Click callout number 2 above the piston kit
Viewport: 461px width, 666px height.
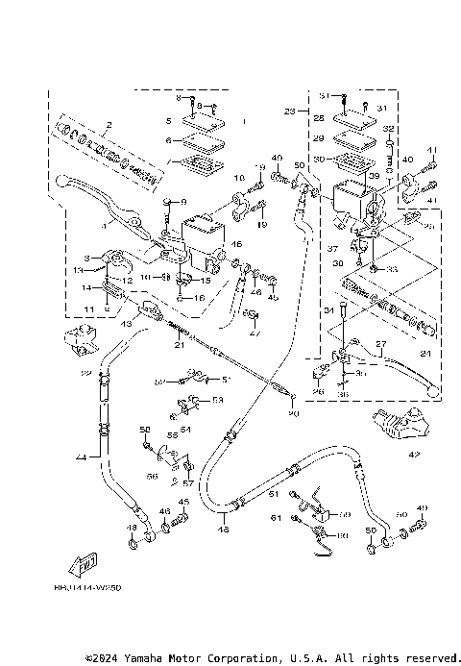coord(109,125)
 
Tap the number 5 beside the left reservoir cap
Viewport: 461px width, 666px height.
coord(168,121)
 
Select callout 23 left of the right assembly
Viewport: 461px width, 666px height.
coord(289,111)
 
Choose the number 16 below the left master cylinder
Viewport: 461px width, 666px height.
coord(200,299)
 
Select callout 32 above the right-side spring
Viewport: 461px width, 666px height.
coord(388,128)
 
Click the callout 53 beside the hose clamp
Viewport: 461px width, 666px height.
coord(217,399)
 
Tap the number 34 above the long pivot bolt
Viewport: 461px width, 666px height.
coord(328,309)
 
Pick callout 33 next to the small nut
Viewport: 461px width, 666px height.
coord(392,270)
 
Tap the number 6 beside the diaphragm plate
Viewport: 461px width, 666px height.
coord(168,140)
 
